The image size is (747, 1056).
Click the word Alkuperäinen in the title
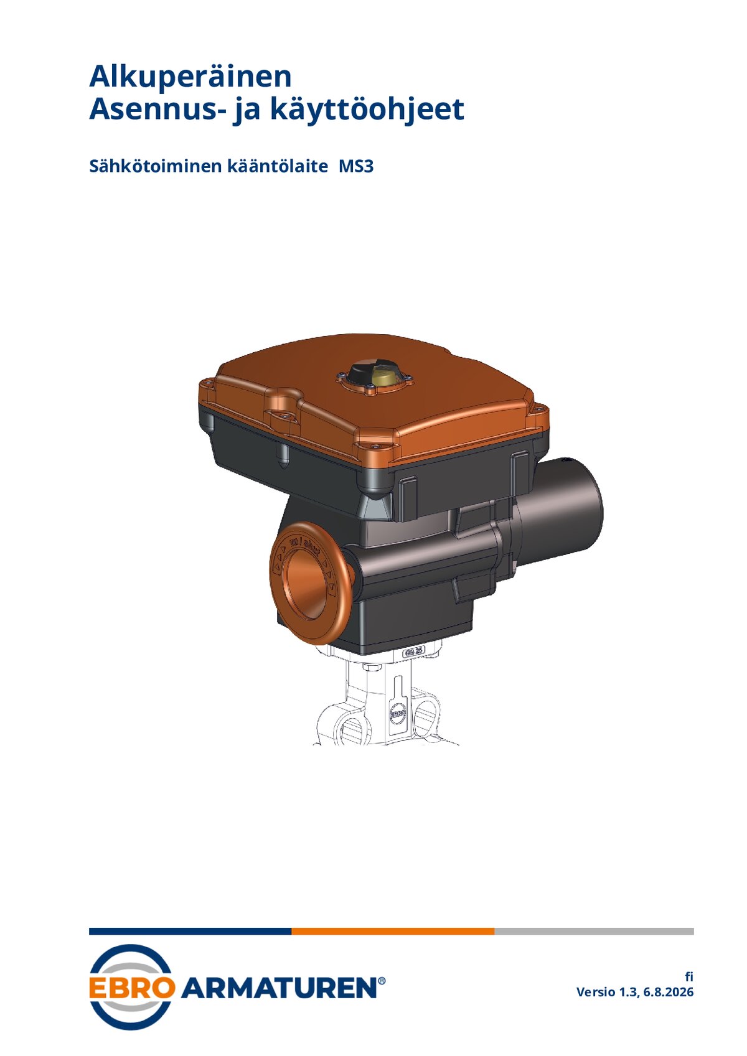pos(190,77)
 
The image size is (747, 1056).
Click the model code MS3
pos(356,166)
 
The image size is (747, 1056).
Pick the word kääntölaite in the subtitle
pos(278,166)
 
